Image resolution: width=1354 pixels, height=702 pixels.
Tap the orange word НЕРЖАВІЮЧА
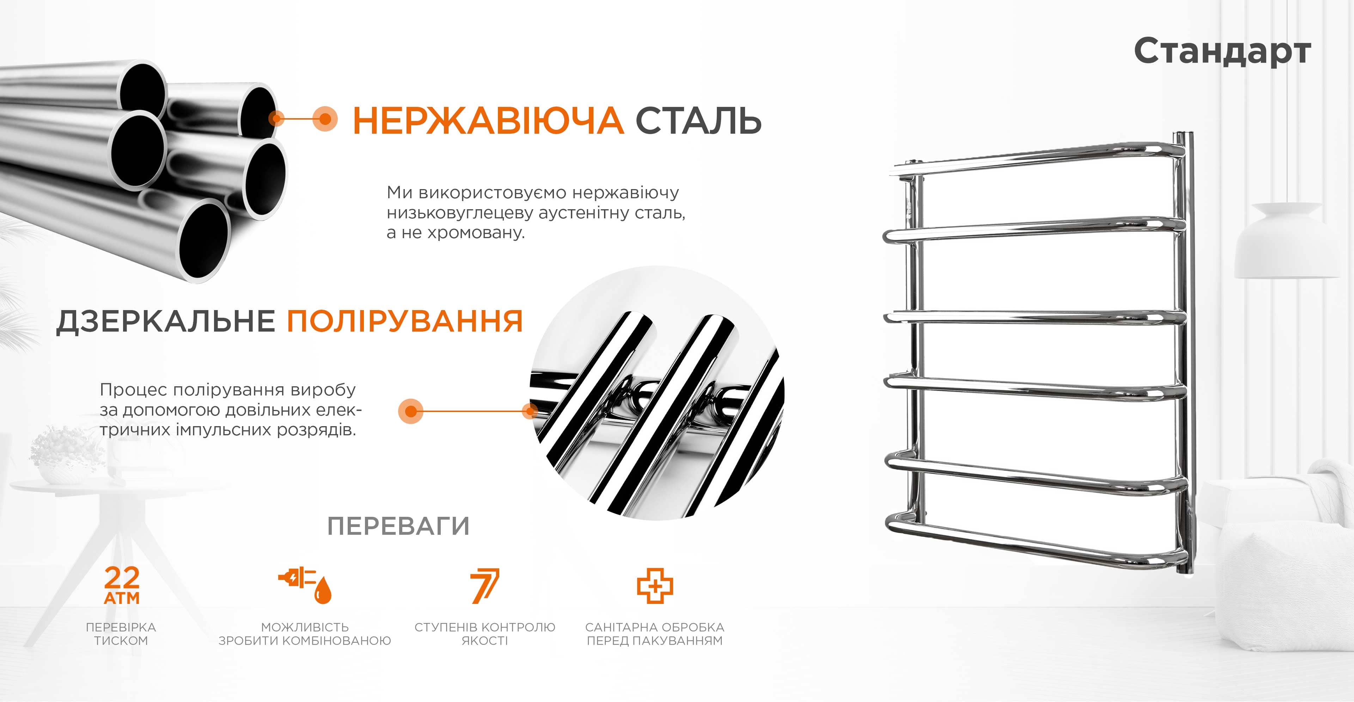488,120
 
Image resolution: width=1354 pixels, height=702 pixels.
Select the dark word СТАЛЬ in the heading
699,120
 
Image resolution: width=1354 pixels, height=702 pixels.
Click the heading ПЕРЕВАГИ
398,526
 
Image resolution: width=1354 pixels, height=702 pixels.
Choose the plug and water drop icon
305,585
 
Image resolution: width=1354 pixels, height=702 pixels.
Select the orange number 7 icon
484,585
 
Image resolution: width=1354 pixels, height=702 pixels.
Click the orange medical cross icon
655,585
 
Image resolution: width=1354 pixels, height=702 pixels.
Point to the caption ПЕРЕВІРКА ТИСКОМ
121,634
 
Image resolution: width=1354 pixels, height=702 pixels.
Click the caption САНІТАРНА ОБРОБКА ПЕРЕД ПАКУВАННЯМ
655,634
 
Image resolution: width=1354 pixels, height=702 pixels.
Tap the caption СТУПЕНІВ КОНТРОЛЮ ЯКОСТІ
484,634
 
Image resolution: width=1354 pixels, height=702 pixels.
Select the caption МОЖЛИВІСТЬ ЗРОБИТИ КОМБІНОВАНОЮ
305,634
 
